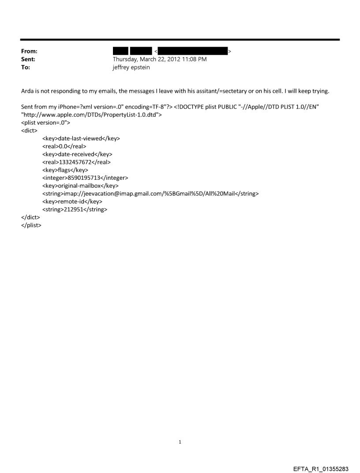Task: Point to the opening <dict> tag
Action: pos(30,130)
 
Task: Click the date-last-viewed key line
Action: pos(81,138)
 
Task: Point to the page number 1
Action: pos(180,442)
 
